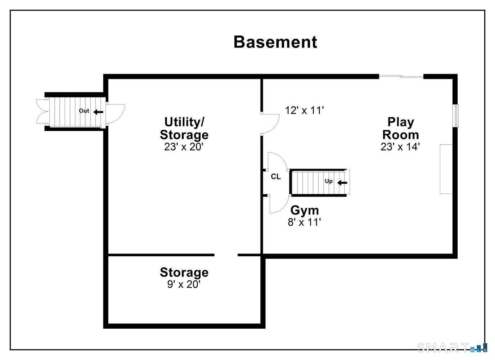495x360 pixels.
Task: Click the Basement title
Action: (275, 42)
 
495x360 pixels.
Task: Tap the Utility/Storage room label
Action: (184, 128)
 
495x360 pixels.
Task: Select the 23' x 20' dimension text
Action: (183, 147)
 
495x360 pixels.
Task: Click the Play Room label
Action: (400, 128)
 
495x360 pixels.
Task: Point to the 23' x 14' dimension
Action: (400, 147)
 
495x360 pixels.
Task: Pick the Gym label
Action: (305, 210)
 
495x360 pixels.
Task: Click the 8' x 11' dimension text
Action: (304, 222)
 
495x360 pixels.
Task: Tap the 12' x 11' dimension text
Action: (304, 110)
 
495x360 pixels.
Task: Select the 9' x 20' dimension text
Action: (184, 284)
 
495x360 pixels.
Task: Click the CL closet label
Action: (276, 176)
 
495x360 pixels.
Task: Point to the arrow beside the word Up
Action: (342, 183)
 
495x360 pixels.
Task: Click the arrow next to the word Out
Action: (98, 112)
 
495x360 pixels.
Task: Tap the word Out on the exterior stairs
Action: (84, 111)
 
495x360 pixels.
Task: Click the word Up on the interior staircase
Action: (329, 181)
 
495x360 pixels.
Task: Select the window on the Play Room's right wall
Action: (455, 116)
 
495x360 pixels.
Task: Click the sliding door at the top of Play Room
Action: (401, 76)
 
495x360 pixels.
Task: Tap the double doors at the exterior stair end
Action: (43, 111)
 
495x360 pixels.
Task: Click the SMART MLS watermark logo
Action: (452, 347)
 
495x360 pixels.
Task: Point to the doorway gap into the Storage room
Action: (226, 255)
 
